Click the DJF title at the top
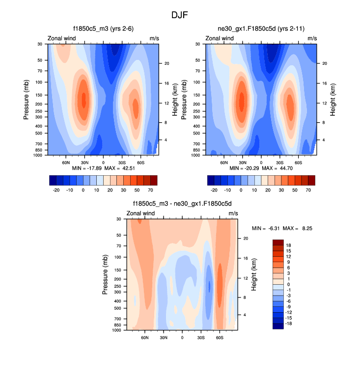pyautogui.click(x=180, y=15)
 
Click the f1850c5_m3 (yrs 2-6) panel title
pyautogui.click(x=103, y=29)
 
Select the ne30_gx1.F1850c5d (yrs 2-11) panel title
pyautogui.click(x=261, y=29)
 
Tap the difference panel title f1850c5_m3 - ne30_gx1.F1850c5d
pyautogui.click(x=182, y=204)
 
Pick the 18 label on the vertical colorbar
pyautogui.click(x=288, y=245)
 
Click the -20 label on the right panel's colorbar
pyautogui.click(x=214, y=189)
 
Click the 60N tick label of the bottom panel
pyautogui.click(x=145, y=338)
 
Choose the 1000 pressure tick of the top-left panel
pyautogui.click(x=41, y=155)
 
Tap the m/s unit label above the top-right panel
pyautogui.click(x=312, y=38)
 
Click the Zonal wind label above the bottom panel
pyautogui.click(x=141, y=214)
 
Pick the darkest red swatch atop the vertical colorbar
pyautogui.click(x=278, y=242)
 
